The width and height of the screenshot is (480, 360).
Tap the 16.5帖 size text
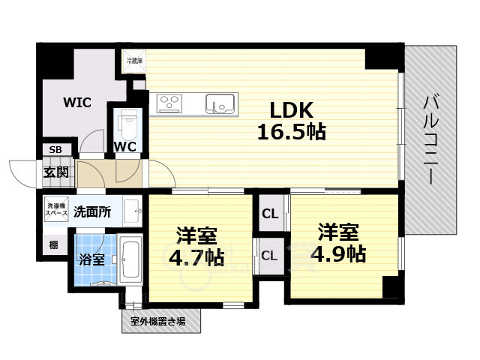(x=292, y=133)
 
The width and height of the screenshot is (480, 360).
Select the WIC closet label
(x=77, y=102)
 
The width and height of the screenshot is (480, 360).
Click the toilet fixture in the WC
(x=128, y=121)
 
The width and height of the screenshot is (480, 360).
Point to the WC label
(x=125, y=147)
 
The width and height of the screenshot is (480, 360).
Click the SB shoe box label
(x=55, y=150)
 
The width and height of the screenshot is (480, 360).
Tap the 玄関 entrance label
(x=55, y=172)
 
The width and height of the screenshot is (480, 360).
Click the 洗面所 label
(x=92, y=212)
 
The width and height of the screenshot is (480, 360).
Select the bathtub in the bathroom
(x=131, y=260)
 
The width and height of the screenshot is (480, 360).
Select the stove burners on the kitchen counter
(x=169, y=103)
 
